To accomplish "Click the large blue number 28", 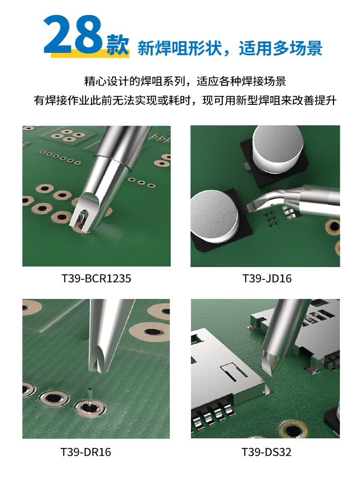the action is (72, 35).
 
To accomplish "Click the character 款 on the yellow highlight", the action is (118, 45).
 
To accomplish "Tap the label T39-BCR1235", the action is (96, 278).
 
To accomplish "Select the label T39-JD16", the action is (267, 278).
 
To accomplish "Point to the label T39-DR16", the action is (86, 452).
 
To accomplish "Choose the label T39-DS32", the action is (266, 452).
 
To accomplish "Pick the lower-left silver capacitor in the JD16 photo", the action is (214, 216).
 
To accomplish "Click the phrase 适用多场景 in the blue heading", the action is (280, 48).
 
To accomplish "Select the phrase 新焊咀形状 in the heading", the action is (180, 48).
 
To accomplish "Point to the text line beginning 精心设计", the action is (185, 82).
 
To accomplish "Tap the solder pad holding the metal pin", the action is (90, 408).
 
